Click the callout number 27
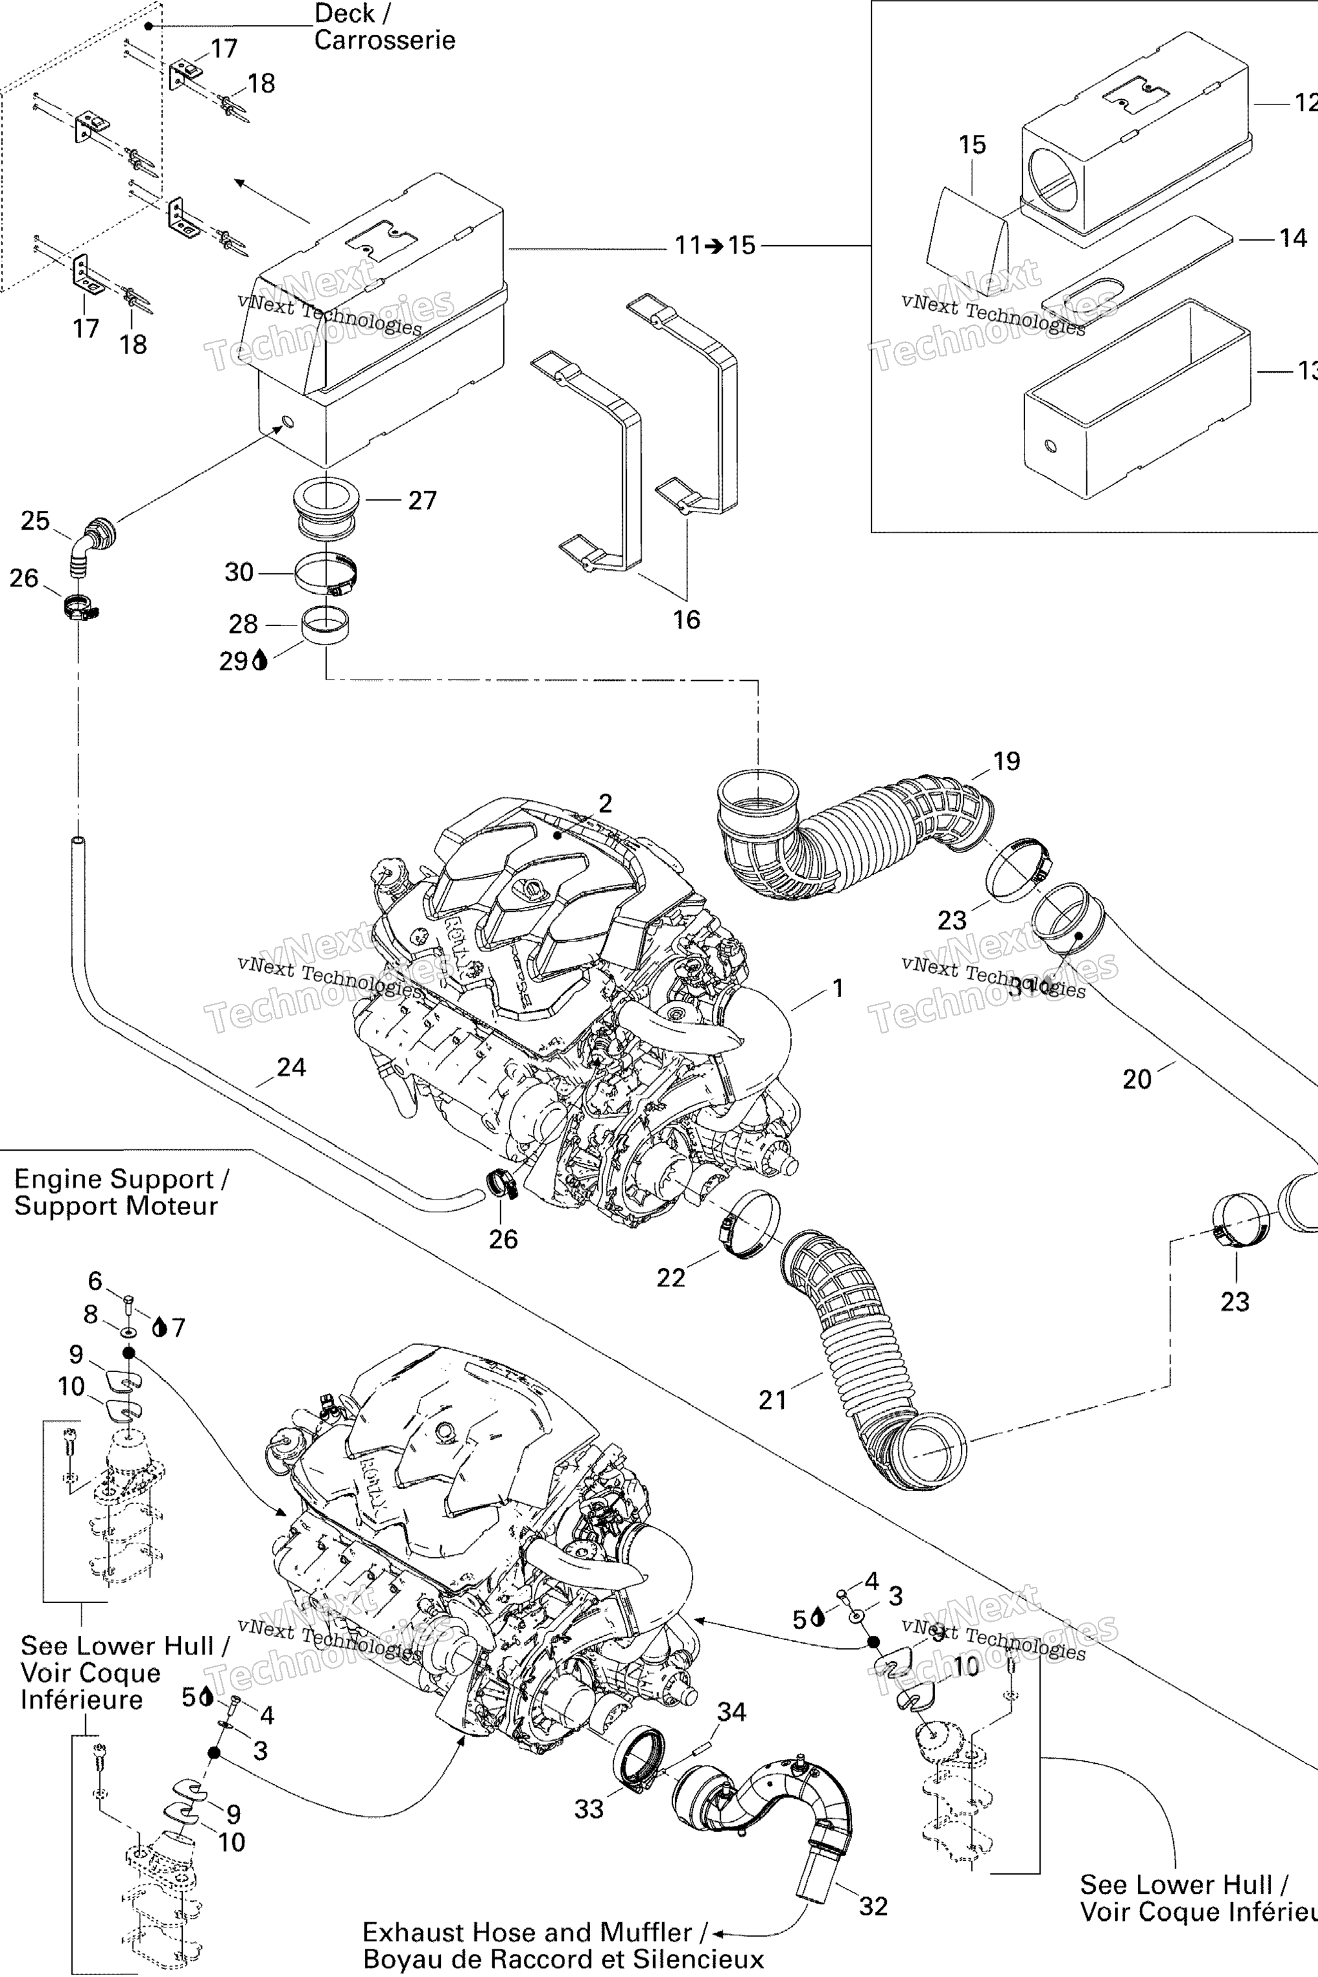(x=422, y=500)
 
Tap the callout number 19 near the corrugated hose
(x=1006, y=761)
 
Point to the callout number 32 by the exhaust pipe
(x=873, y=1906)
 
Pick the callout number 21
(x=772, y=1400)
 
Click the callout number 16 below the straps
(x=686, y=620)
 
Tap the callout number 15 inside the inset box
(x=972, y=145)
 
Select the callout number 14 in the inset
(x=1293, y=238)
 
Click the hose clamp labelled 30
(x=328, y=576)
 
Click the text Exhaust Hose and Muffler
(x=527, y=1933)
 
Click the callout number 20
(x=1137, y=1079)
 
